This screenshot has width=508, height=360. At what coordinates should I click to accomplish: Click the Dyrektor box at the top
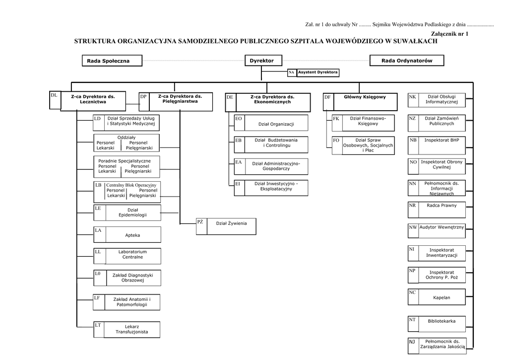[x=261, y=61]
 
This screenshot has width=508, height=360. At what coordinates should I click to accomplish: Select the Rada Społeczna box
[x=108, y=61]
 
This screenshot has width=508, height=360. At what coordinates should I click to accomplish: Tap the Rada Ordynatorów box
[x=407, y=61]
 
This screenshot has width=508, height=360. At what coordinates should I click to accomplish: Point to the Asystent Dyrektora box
[x=318, y=72]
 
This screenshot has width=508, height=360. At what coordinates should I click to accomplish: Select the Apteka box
[x=132, y=234]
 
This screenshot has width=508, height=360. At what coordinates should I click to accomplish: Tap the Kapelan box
[x=442, y=297]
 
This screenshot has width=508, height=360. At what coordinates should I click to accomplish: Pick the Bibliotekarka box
[x=442, y=321]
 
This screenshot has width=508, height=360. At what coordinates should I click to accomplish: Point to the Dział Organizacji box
[x=276, y=124]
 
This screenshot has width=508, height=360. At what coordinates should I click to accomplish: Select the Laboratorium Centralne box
[x=132, y=255]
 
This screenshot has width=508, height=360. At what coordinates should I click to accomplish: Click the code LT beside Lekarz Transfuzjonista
[x=98, y=325]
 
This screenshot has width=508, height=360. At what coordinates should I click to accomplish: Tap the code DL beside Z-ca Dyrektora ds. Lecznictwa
[x=54, y=95]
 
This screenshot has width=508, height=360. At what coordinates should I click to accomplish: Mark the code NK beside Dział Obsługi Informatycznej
[x=413, y=97]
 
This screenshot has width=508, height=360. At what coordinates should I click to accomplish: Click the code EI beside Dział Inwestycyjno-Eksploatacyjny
[x=238, y=184]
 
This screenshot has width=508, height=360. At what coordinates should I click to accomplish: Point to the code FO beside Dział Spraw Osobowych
[x=336, y=141]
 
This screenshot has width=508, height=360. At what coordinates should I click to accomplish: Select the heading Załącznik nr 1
[x=450, y=33]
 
